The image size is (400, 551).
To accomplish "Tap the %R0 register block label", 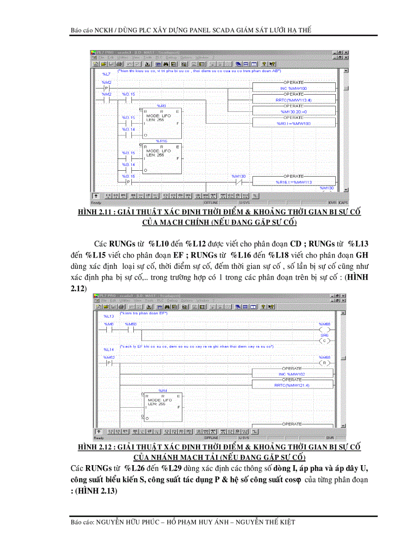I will click(x=162, y=105).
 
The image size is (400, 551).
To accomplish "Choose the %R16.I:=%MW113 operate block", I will click(x=294, y=182).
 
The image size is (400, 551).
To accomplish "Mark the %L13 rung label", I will click(x=108, y=316).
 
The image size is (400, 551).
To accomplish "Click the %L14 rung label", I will click(x=108, y=349).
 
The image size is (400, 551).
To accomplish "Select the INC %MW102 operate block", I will click(x=291, y=374).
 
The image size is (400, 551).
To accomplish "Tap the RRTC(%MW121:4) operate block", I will click(x=291, y=385).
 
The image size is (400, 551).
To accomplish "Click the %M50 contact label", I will click(x=131, y=324).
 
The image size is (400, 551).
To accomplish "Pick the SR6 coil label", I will click(x=324, y=335).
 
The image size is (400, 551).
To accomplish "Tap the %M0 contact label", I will click(x=109, y=324).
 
